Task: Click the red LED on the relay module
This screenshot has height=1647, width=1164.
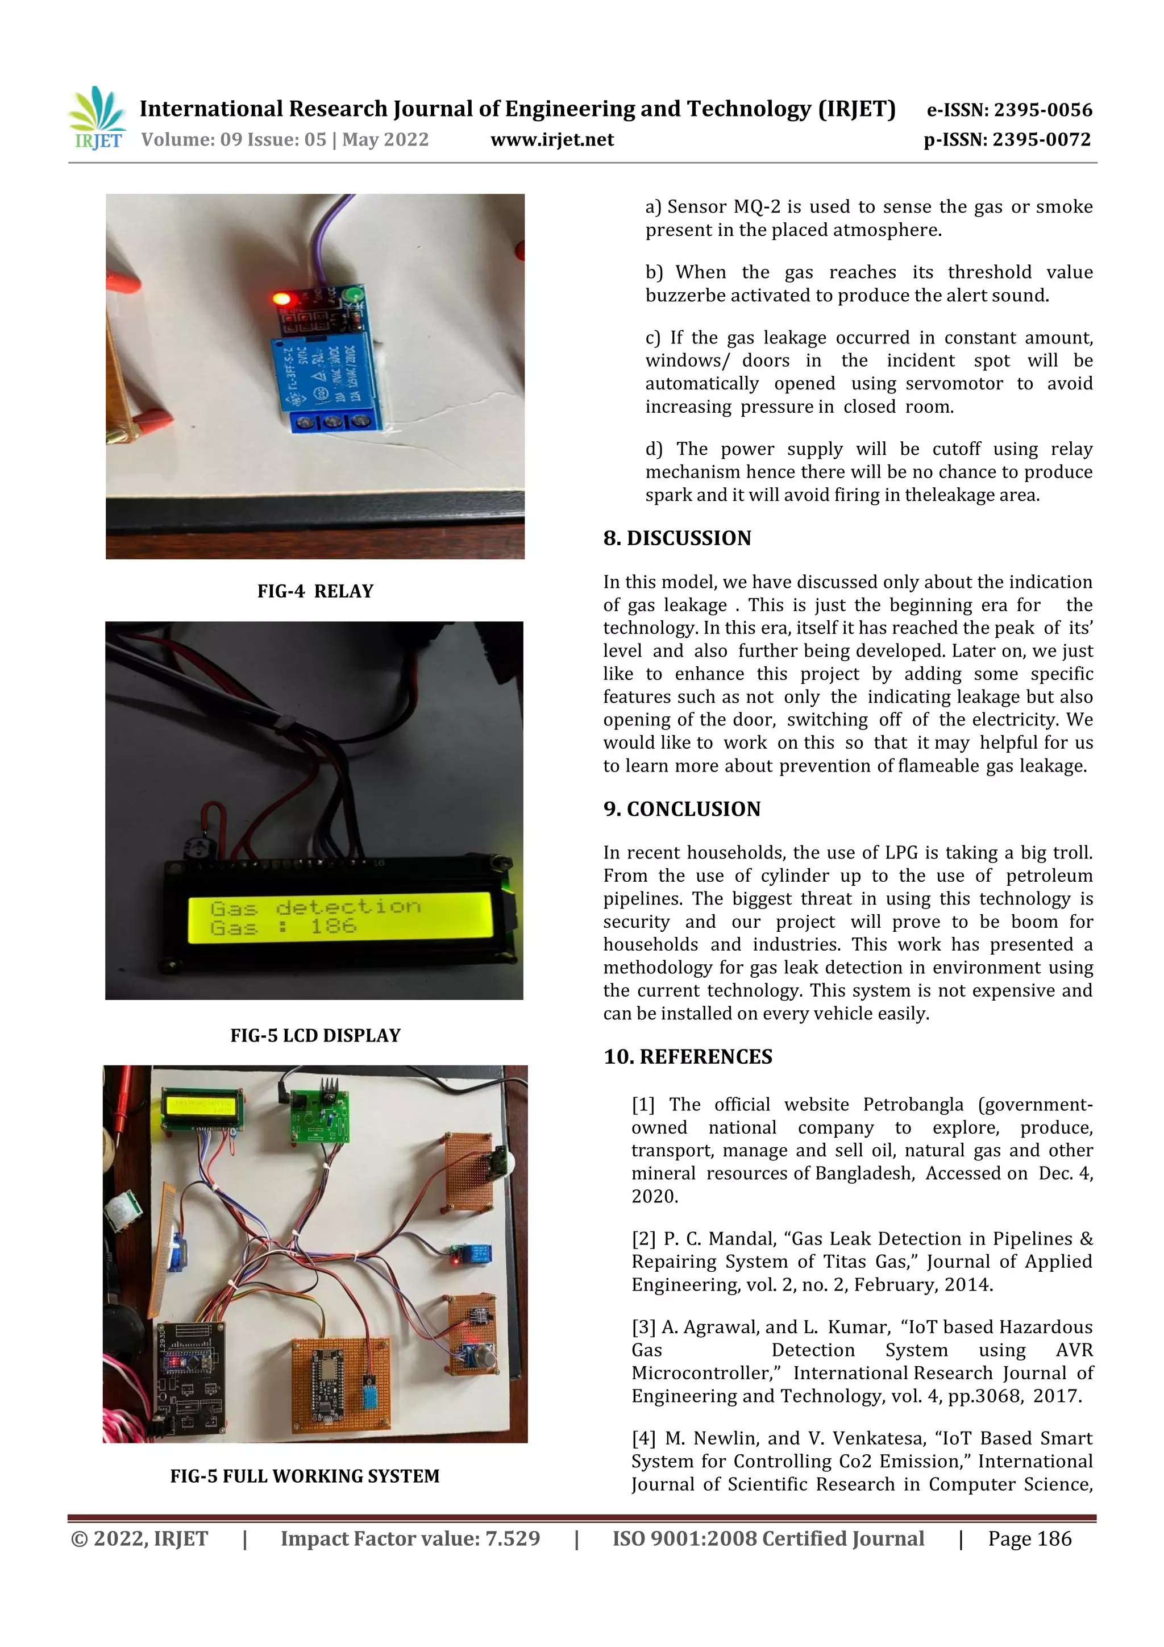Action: tap(282, 298)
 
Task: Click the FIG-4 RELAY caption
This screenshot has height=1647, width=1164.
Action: tap(315, 591)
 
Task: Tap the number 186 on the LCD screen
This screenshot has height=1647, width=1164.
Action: tap(334, 926)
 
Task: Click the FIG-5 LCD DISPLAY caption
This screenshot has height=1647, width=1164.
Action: tap(315, 1035)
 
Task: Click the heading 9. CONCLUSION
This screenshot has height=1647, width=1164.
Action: tap(681, 808)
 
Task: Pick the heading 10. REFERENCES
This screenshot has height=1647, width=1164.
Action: tap(688, 1057)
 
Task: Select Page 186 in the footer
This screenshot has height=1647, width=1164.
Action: tap(1029, 1538)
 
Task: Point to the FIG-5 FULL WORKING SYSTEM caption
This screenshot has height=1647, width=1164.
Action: tap(305, 1475)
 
